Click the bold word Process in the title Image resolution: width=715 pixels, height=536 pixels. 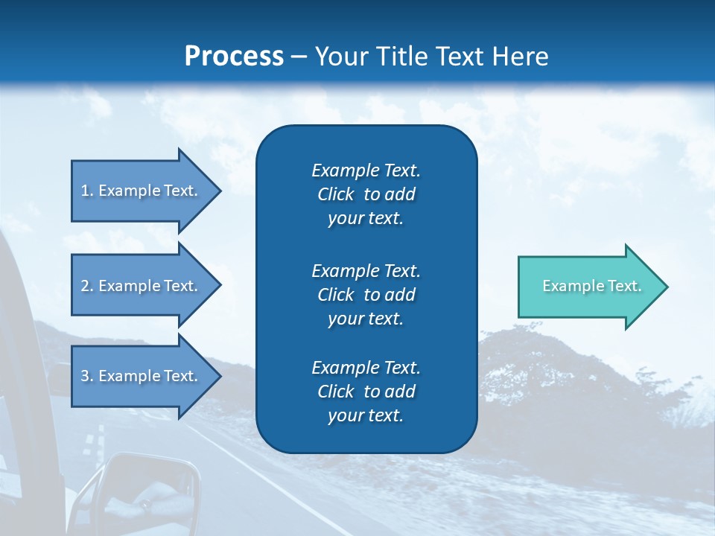pos(234,57)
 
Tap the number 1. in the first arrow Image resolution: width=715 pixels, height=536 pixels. pos(87,191)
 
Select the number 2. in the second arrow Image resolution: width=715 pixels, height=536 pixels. pos(87,286)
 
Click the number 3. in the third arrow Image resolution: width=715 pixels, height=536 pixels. pos(87,376)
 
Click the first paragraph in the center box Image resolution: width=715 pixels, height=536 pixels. pos(366,194)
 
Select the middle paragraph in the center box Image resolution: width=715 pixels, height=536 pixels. pos(366,295)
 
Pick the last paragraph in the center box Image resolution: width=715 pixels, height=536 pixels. pos(366,392)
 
